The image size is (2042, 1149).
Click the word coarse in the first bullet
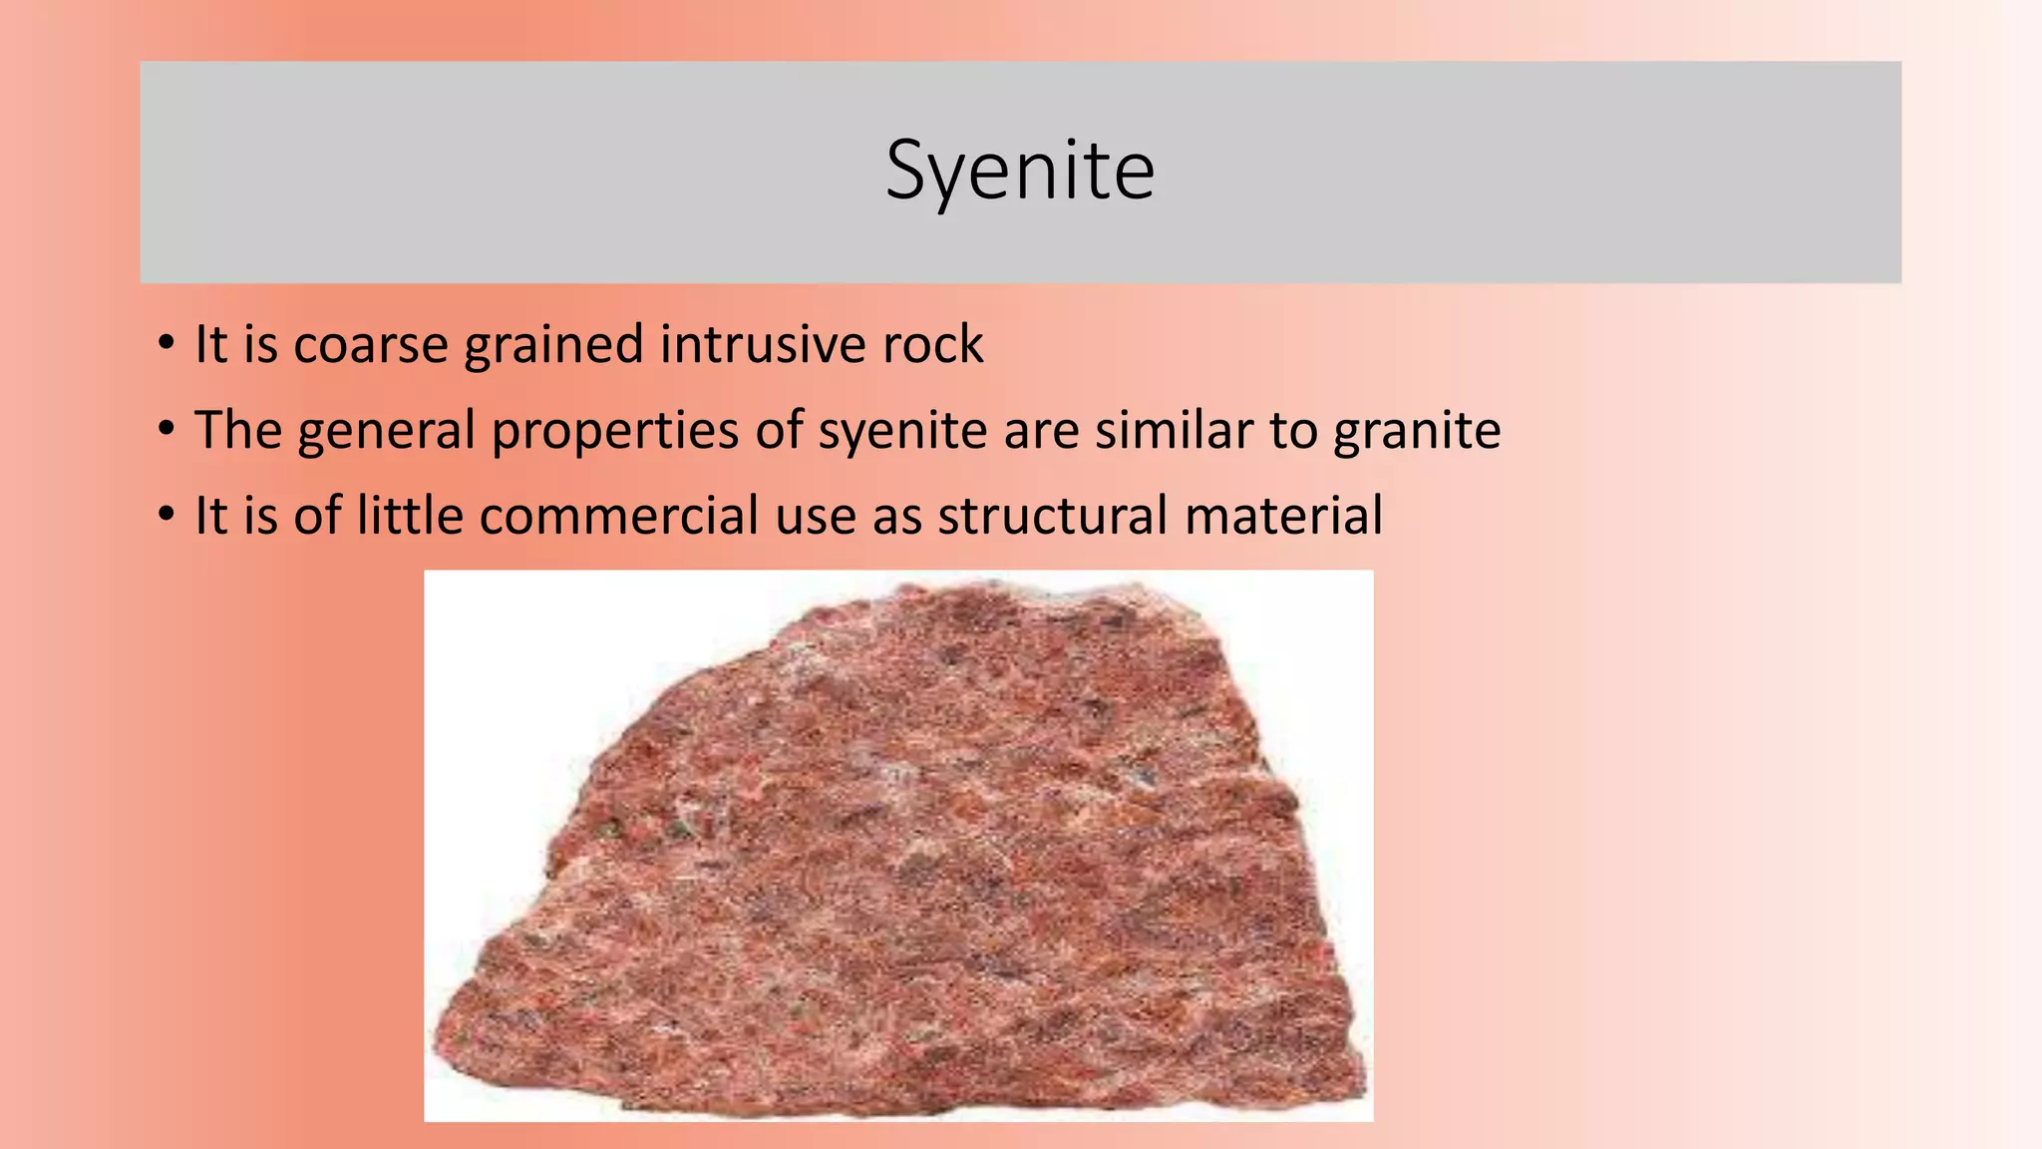[371, 345]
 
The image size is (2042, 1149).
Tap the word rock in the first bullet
[933, 345]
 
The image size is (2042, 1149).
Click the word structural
[1052, 517]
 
